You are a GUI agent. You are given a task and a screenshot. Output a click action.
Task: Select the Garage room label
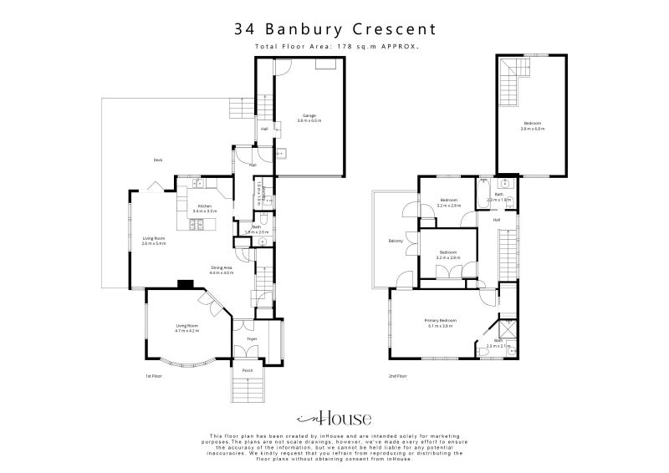309,116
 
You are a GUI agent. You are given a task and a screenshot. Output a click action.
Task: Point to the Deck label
156,160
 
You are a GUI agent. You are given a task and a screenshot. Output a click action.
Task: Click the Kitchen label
205,206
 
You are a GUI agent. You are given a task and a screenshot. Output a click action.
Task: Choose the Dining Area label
221,268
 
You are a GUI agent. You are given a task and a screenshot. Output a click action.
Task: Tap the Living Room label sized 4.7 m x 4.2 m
186,327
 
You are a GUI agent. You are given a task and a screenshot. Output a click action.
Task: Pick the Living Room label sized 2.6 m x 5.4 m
153,239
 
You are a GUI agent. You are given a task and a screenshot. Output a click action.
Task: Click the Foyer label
251,338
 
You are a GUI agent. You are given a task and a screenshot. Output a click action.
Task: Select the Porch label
248,370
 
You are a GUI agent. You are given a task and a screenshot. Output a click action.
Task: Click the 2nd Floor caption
397,376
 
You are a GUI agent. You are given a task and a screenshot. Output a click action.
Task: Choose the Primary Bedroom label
441,321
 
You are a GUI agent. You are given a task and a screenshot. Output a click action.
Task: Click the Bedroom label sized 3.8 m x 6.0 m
532,124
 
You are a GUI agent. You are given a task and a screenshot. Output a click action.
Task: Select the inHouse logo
334,419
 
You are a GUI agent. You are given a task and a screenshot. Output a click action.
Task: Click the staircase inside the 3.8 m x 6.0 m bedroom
510,84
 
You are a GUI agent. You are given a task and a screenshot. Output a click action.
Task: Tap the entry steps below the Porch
248,390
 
